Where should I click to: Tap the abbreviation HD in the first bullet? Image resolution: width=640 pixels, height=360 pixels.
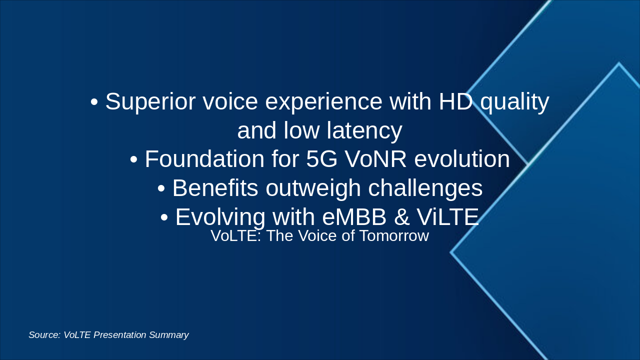pos(455,101)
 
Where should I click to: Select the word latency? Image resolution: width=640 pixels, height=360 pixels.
pos(364,131)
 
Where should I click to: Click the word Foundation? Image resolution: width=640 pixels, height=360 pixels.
pos(204,159)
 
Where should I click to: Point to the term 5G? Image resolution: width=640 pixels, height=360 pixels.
pos(321,159)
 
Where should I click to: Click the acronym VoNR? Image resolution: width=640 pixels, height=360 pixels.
pos(375,159)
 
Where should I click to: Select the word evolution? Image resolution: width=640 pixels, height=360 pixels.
pos(462,159)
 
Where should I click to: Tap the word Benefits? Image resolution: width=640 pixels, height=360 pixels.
pos(215,188)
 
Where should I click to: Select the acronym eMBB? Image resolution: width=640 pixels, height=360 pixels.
pos(354,217)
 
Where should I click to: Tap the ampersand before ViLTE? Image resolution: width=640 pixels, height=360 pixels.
pos(401,217)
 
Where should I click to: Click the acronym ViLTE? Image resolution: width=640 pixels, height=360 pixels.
pos(447,217)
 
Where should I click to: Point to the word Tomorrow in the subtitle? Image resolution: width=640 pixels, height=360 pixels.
pos(394,236)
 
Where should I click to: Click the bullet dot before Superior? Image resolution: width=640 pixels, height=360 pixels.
pos(94,102)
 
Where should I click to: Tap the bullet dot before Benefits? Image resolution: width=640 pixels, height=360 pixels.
pos(161,188)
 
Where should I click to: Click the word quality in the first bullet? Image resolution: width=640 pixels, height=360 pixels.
pos(514,102)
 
